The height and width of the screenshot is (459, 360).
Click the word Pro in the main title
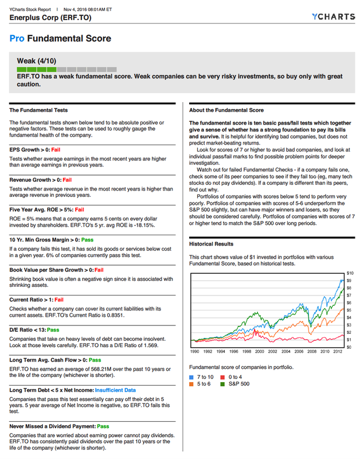(x=17, y=40)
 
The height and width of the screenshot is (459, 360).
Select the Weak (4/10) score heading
(x=37, y=60)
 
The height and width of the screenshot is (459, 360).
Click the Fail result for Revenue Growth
(x=67, y=180)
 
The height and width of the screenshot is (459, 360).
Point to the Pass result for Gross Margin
(x=88, y=239)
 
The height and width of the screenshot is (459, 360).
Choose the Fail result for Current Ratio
(x=59, y=299)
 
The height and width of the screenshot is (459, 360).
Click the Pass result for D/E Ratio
(x=53, y=330)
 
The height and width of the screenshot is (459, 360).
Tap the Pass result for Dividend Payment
(x=103, y=426)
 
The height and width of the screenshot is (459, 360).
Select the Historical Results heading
(x=212, y=244)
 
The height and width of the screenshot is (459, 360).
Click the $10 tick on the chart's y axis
(x=350, y=273)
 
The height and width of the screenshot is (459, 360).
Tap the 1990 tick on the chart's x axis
(x=194, y=352)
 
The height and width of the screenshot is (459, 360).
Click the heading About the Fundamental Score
(x=226, y=110)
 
